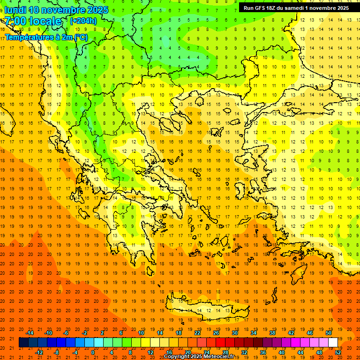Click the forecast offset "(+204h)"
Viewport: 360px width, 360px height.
tap(83, 21)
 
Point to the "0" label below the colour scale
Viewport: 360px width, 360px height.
tap(93, 352)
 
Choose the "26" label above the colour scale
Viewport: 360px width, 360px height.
tap(216, 333)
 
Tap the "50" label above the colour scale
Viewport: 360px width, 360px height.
tap(329, 333)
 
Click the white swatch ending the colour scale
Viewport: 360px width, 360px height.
tap(333, 343)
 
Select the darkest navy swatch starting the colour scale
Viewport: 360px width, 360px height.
tap(23, 343)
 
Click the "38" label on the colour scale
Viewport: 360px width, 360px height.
tap(272, 333)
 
